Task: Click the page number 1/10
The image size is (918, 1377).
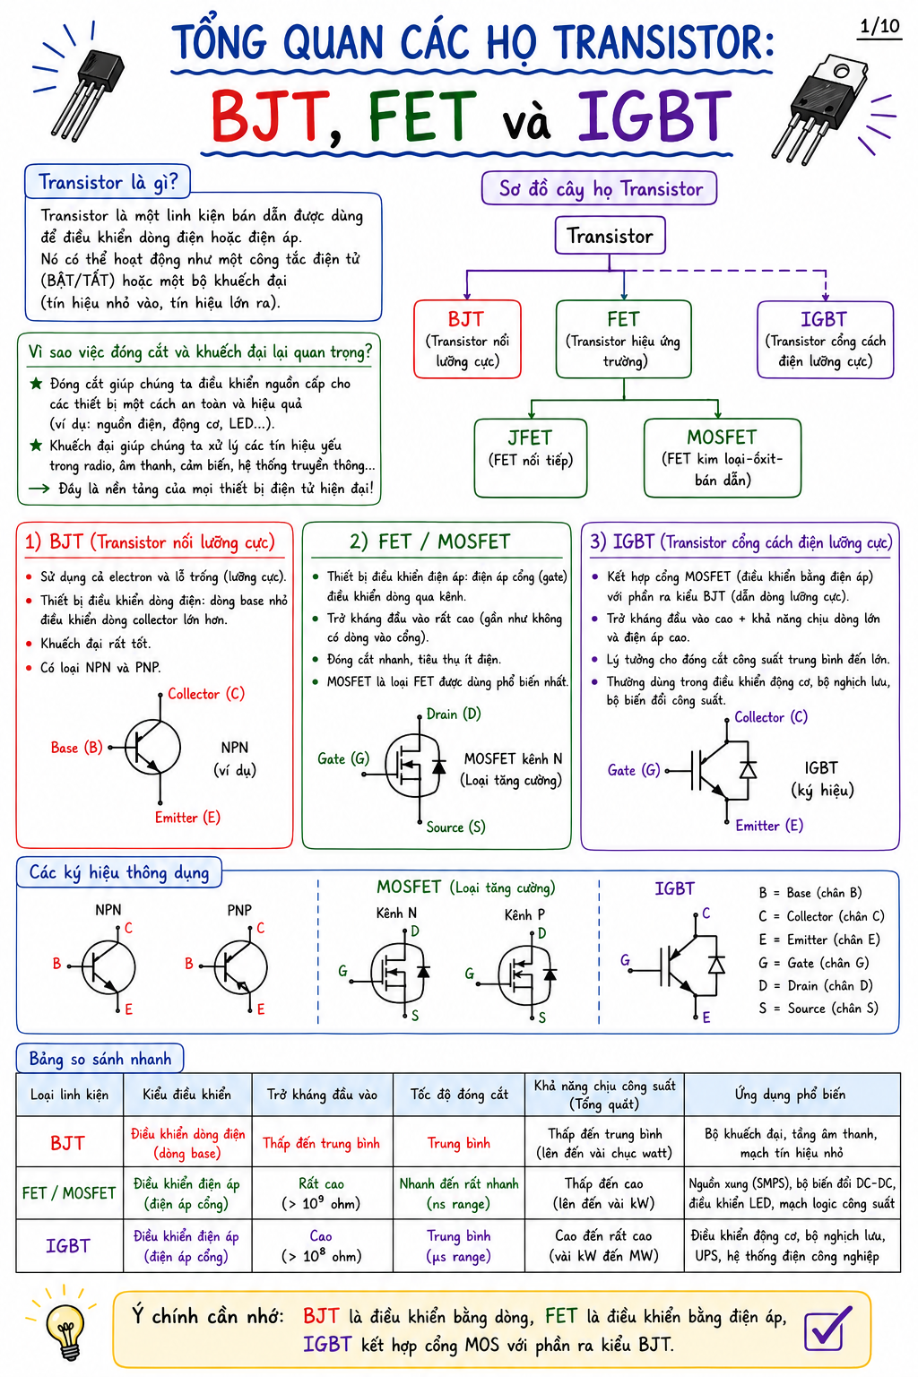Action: [x=879, y=26]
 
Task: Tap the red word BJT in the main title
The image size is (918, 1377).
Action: [x=269, y=117]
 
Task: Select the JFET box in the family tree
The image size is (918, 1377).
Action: [x=530, y=457]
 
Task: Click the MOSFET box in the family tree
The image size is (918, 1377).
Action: [x=722, y=457]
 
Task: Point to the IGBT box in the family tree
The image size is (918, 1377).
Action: [x=825, y=340]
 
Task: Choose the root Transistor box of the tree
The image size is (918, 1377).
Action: [x=610, y=236]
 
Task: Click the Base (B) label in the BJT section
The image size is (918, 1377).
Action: [x=77, y=748]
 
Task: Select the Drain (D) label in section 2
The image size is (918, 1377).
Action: [x=454, y=714]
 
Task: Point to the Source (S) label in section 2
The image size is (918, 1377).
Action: [x=455, y=827]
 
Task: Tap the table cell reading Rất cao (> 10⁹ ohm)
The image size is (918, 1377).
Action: [x=322, y=1193]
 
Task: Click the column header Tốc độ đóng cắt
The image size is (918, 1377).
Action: [x=459, y=1095]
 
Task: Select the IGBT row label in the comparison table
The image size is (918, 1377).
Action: [x=68, y=1245]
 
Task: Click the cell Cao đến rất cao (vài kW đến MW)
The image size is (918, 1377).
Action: [x=604, y=1245]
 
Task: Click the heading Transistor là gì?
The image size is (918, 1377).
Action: [x=108, y=182]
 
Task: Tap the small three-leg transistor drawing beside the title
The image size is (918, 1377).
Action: [x=86, y=92]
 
